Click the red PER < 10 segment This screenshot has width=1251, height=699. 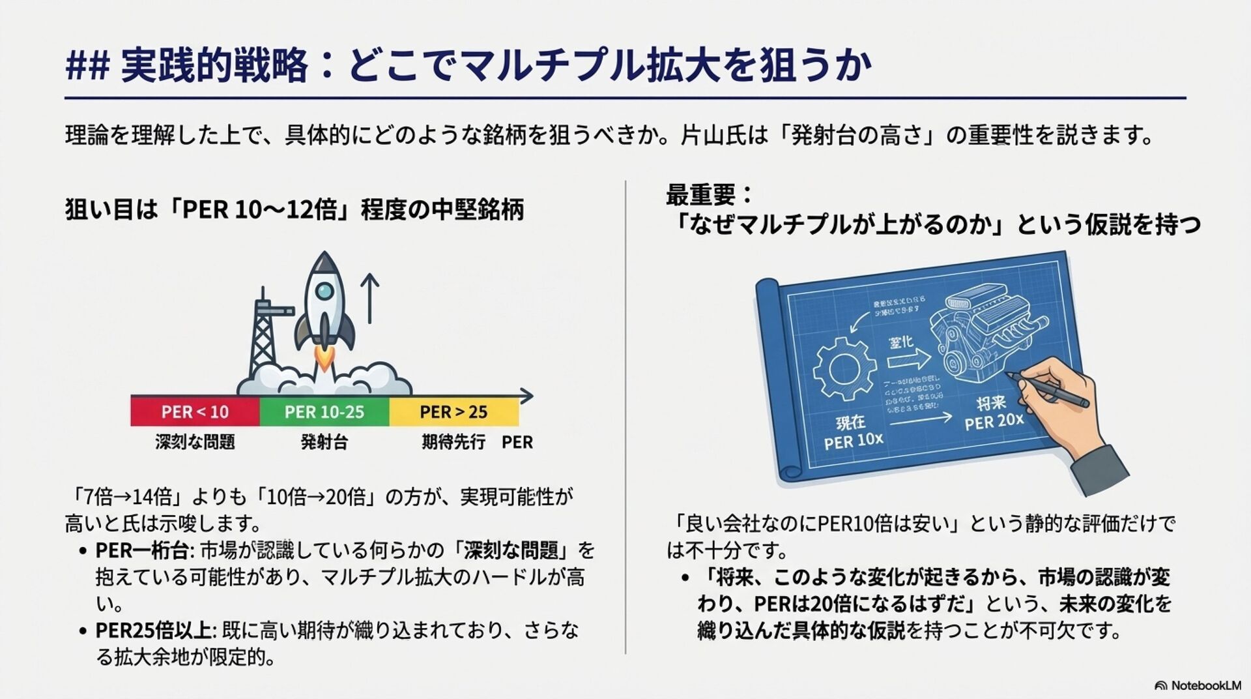195,412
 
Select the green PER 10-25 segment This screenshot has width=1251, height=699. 324,412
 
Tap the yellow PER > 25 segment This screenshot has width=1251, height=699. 453,412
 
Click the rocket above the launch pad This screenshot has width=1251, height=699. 324,303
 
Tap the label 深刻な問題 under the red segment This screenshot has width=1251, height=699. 195,442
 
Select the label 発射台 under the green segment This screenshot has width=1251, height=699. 324,442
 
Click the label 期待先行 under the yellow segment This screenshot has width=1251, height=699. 453,442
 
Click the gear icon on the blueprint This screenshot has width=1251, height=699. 844,368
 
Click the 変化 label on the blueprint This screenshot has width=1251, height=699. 902,342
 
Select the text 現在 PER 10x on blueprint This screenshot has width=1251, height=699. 852,432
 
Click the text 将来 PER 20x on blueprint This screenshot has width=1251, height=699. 994,413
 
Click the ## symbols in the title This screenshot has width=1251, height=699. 87,67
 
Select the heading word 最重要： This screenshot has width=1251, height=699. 709,195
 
